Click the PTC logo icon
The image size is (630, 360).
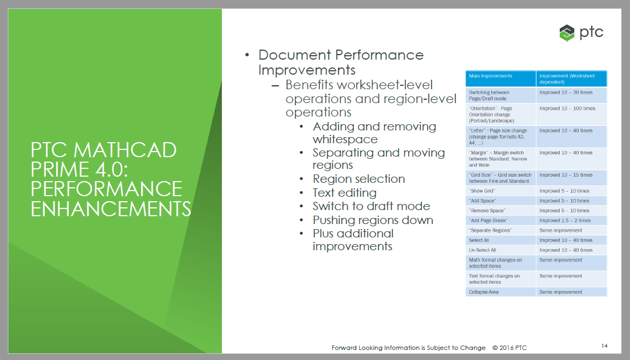pyautogui.click(x=567, y=33)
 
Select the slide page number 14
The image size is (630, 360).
pyautogui.click(x=604, y=346)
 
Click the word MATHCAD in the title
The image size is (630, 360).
pyautogui.click(x=125, y=150)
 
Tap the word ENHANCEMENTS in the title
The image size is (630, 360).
pyautogui.click(x=111, y=208)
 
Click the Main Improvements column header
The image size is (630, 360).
pyautogui.click(x=490, y=76)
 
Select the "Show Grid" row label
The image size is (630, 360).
pyautogui.click(x=482, y=191)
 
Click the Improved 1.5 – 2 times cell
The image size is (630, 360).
pyautogui.click(x=565, y=221)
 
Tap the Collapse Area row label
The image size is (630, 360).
pyautogui.click(x=484, y=292)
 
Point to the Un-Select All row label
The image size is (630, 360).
pyautogui.click(x=483, y=250)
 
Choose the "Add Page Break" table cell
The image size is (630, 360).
pyautogui.click(x=488, y=221)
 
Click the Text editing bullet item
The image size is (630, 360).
pyautogui.click(x=345, y=193)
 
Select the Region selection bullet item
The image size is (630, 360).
pyautogui.click(x=359, y=179)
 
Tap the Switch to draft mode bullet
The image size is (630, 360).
pyautogui.click(x=371, y=206)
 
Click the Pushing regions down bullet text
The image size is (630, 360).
pyautogui.click(x=373, y=220)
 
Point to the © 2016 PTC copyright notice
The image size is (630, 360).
pyautogui.click(x=510, y=348)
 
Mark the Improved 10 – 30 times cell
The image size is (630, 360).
pyautogui.click(x=566, y=93)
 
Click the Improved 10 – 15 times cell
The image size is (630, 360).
pyautogui.click(x=566, y=175)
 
